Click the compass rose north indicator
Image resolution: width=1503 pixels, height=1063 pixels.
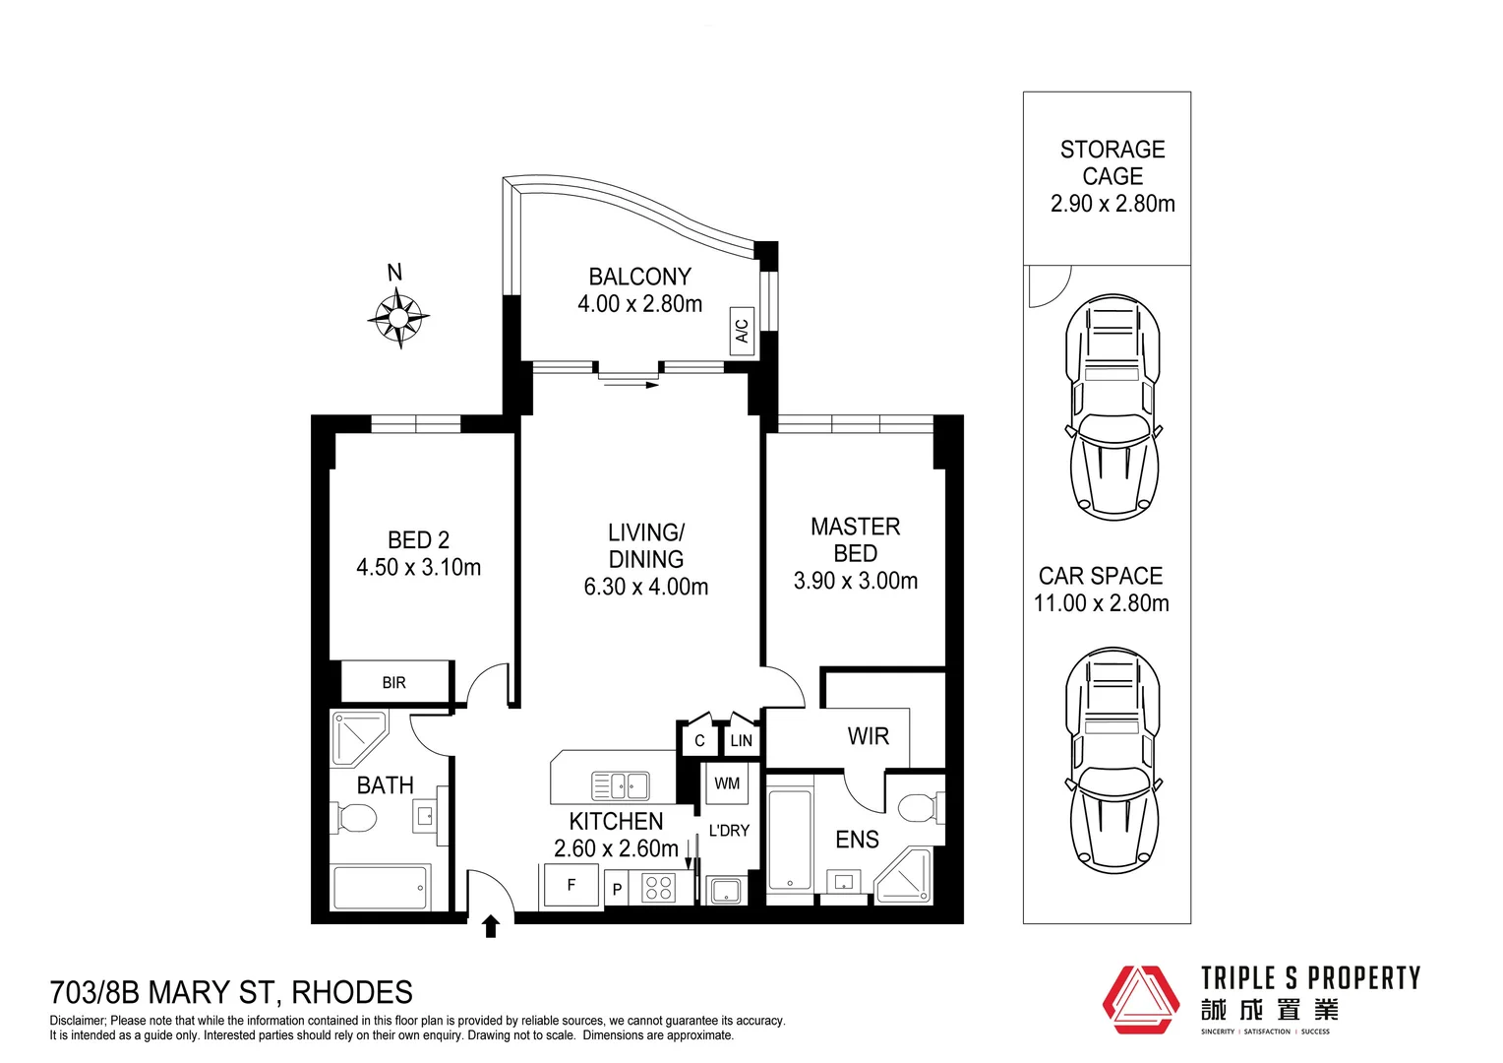pos(398,316)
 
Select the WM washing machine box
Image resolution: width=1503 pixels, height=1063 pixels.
pos(727,783)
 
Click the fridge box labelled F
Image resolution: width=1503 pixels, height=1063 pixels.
pos(571,885)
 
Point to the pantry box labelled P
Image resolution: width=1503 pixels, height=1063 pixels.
pos(617,889)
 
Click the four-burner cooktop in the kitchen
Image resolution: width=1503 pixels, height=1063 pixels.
pos(659,888)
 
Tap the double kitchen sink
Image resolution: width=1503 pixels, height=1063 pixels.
pos(620,785)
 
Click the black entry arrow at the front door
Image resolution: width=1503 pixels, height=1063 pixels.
pos(491,926)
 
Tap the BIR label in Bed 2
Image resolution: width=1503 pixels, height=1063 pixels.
pos(393,682)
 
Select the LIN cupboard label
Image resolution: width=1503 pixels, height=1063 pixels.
pos(741,740)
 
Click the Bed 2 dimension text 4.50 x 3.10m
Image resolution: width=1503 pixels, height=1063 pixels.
pos(418,567)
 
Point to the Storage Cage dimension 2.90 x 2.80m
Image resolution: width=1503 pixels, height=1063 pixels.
pos(1112,204)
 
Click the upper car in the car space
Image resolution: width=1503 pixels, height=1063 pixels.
pos(1112,406)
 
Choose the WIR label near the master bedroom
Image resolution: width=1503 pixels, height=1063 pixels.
pos(868,736)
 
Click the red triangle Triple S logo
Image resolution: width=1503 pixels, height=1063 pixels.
pos(1140,999)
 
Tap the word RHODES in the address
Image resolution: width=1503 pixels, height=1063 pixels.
pos(352,992)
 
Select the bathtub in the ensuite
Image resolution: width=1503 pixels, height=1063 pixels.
pos(789,839)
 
